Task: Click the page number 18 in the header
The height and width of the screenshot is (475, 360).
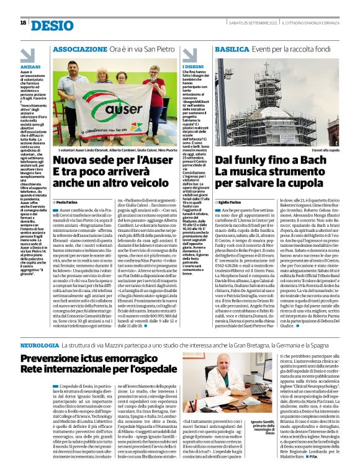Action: pyautogui.click(x=23, y=22)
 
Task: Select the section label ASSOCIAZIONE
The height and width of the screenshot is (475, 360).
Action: pyautogui.click(x=84, y=48)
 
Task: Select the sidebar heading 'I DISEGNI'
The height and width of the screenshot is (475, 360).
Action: pyautogui.click(x=192, y=66)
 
